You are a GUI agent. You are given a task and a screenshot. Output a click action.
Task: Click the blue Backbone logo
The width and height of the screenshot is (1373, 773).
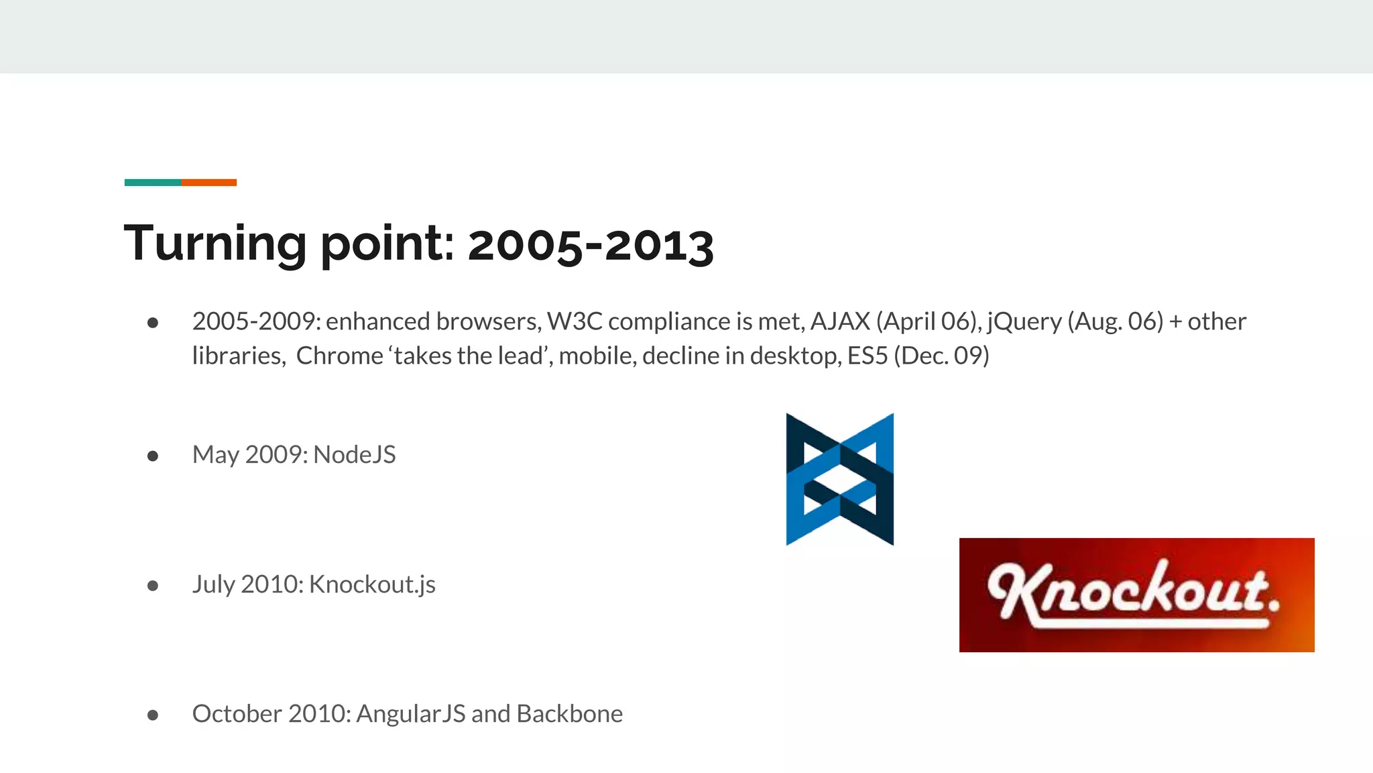pos(839,479)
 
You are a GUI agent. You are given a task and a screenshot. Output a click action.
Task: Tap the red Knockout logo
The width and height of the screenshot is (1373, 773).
pos(1136,595)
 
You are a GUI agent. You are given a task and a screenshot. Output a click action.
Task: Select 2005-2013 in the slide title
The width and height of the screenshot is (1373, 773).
pos(590,245)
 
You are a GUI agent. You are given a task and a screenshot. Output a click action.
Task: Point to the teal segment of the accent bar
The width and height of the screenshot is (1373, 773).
pos(152,183)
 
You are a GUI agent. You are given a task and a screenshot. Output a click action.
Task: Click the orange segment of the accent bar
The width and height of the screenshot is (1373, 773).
pos(208,183)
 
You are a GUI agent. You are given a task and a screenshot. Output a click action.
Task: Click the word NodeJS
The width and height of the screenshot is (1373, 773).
pos(354,455)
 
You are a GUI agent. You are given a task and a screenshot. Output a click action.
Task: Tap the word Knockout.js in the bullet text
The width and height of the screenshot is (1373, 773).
pos(372,584)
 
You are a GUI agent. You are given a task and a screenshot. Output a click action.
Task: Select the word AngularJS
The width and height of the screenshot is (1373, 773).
pos(410,714)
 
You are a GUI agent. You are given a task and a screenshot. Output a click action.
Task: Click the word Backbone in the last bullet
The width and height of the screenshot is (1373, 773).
pos(569,714)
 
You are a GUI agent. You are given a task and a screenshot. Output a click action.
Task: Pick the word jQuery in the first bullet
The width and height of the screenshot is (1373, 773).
pos(1024,322)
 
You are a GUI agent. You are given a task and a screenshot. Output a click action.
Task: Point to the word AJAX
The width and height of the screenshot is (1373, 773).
pos(840,321)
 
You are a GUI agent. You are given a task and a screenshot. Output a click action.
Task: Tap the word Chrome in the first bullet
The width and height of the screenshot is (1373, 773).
pos(339,356)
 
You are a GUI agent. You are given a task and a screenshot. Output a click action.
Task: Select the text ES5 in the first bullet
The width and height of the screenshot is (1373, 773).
pos(868,356)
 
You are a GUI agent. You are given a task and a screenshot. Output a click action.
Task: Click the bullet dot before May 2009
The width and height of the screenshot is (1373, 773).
pos(153,456)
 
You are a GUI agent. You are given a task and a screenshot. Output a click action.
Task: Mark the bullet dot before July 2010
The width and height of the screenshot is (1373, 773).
pos(153,586)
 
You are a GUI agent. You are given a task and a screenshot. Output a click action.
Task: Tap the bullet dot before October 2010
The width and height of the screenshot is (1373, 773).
pos(153,715)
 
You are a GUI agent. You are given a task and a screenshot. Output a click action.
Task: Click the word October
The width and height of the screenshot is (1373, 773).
pos(237,714)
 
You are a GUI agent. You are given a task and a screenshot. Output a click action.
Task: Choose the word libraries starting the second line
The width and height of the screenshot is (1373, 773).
pos(237,356)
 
